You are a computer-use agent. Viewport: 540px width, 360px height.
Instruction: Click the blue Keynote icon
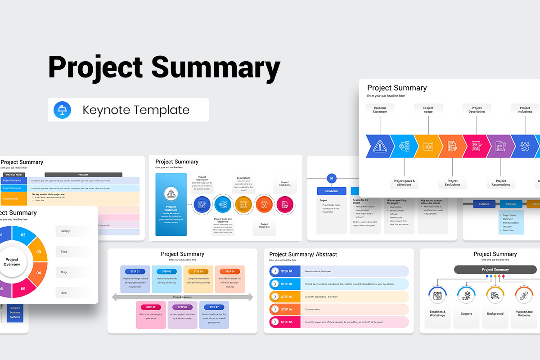62,110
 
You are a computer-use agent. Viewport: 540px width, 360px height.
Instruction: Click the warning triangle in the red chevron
380,146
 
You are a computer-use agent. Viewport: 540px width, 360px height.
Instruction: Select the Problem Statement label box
380,110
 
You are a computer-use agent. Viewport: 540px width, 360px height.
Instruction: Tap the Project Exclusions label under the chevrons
452,183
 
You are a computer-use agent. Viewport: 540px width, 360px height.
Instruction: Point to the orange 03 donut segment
37,249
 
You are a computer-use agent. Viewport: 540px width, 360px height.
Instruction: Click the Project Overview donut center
12,262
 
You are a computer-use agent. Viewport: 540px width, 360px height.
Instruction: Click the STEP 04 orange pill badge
229,271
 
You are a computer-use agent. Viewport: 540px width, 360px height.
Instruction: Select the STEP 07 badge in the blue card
214,307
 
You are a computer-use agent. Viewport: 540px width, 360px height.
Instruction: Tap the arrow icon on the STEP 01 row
275,271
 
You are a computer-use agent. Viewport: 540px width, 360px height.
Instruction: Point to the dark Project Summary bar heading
495,270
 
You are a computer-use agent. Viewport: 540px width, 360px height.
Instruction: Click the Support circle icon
466,296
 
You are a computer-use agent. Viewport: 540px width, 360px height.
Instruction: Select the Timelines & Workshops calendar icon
437,296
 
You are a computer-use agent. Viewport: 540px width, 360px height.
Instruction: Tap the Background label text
495,314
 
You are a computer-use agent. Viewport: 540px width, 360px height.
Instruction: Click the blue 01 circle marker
332,179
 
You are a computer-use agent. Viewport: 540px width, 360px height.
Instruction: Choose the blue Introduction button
332,191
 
